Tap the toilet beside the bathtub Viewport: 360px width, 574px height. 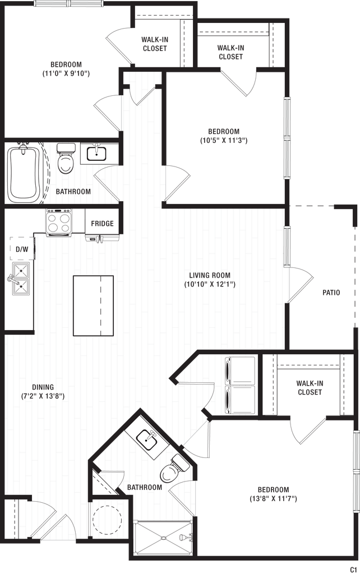pyautogui.click(x=66, y=159)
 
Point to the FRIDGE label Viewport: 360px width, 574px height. pyautogui.click(x=103, y=224)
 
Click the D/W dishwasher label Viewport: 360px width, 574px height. pyautogui.click(x=21, y=249)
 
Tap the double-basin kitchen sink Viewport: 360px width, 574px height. pyautogui.click(x=20, y=278)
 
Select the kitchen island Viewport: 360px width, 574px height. pyautogui.click(x=93, y=305)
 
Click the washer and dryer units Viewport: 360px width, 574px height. pyautogui.click(x=239, y=385)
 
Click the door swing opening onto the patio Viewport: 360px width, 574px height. pyautogui.click(x=302, y=286)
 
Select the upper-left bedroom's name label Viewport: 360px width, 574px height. pyautogui.click(x=66, y=68)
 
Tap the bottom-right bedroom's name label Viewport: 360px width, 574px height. pyautogui.click(x=274, y=493)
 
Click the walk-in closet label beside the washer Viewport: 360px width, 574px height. pyautogui.click(x=310, y=387)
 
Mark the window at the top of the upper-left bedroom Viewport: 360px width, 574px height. pyautogui.click(x=69, y=3)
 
